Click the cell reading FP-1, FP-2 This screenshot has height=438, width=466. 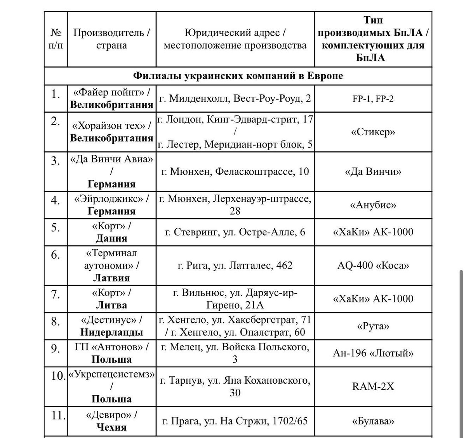[373, 99]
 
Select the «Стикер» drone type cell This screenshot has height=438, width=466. [373, 132]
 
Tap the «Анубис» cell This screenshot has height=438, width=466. [373, 205]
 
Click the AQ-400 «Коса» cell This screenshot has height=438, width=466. [373, 266]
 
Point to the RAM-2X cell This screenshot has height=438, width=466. [373, 387]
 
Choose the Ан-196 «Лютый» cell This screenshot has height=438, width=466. [373, 353]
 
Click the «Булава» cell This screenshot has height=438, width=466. [373, 421]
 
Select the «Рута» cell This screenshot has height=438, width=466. [373, 326]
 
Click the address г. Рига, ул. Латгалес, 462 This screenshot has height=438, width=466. [235, 266]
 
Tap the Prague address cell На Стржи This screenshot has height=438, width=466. [235, 421]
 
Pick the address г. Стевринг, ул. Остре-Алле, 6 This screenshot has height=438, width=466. [235, 232]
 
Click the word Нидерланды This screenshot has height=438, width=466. [111, 332]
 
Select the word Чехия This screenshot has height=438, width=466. [111, 427]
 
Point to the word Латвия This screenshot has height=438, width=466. [111, 278]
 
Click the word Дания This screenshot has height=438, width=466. [111, 238]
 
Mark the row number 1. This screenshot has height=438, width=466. [56, 94]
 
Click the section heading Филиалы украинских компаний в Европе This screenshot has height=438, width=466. [238, 76]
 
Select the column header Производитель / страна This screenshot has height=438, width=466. [111, 39]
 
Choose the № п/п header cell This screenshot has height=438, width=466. [56, 39]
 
